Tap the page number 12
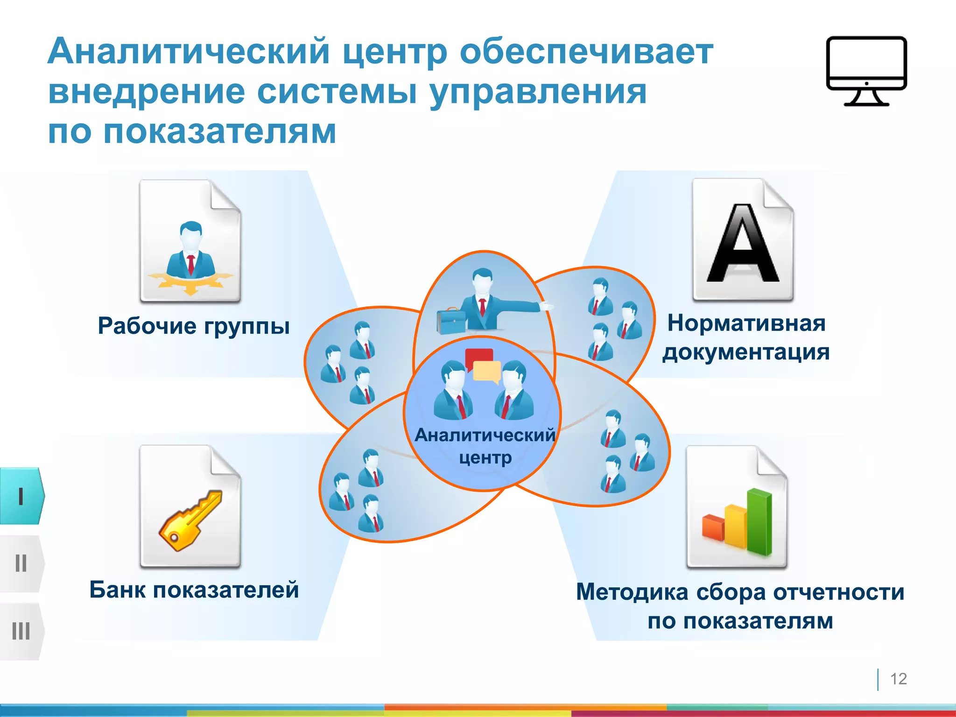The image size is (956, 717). (x=898, y=679)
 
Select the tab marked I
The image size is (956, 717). (x=21, y=496)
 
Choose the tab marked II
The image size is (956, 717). (x=21, y=563)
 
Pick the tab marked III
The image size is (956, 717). (x=21, y=631)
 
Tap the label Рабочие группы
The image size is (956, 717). (x=194, y=326)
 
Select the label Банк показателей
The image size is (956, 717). (x=194, y=590)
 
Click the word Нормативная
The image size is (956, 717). (x=746, y=323)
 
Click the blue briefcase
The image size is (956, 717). (x=450, y=321)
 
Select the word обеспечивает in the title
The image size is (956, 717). (x=586, y=51)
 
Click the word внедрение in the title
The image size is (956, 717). (x=146, y=91)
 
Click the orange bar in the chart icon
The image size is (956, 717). (x=713, y=527)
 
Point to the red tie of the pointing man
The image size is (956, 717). (x=482, y=307)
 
